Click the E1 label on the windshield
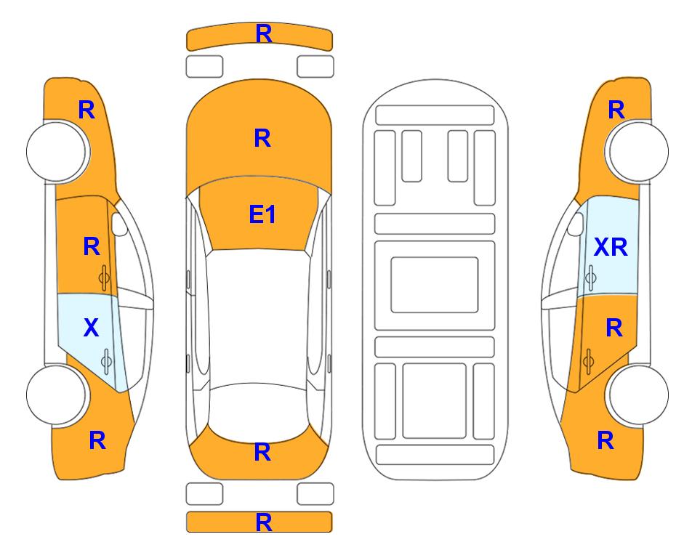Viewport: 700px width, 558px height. click(262, 214)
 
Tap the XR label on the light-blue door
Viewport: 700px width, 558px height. click(610, 248)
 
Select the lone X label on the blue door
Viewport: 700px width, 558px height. click(91, 328)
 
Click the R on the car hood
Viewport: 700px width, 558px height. click(262, 138)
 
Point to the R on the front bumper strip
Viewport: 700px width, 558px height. click(263, 33)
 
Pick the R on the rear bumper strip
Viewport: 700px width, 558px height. click(263, 522)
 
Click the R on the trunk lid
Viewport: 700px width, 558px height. click(262, 453)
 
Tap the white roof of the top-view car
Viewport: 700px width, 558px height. click(260, 312)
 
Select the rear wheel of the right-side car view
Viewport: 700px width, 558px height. click(638, 395)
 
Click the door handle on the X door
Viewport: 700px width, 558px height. click(106, 360)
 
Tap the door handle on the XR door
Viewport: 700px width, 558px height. click(590, 276)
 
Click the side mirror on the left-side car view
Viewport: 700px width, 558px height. click(120, 224)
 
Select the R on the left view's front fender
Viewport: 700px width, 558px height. click(86, 110)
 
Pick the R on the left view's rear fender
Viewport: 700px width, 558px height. click(97, 440)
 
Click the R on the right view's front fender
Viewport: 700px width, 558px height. click(616, 110)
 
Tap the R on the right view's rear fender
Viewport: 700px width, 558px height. click(605, 440)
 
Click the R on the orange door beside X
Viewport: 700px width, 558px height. click(91, 247)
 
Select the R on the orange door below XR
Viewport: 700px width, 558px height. click(613, 328)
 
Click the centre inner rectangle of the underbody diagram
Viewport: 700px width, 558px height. click(435, 283)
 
